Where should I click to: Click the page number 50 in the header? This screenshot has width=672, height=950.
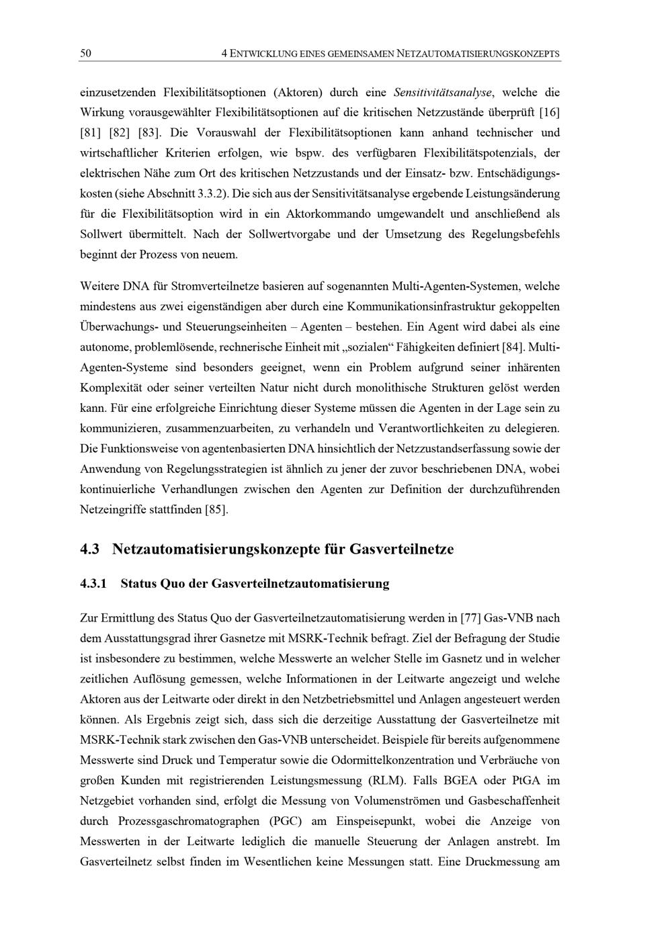(x=85, y=53)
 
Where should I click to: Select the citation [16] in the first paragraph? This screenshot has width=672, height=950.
(x=550, y=112)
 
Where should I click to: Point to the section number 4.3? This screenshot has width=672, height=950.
(x=90, y=550)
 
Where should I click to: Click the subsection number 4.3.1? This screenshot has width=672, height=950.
(x=93, y=584)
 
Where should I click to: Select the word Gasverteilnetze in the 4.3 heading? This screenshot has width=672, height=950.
(x=401, y=550)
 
